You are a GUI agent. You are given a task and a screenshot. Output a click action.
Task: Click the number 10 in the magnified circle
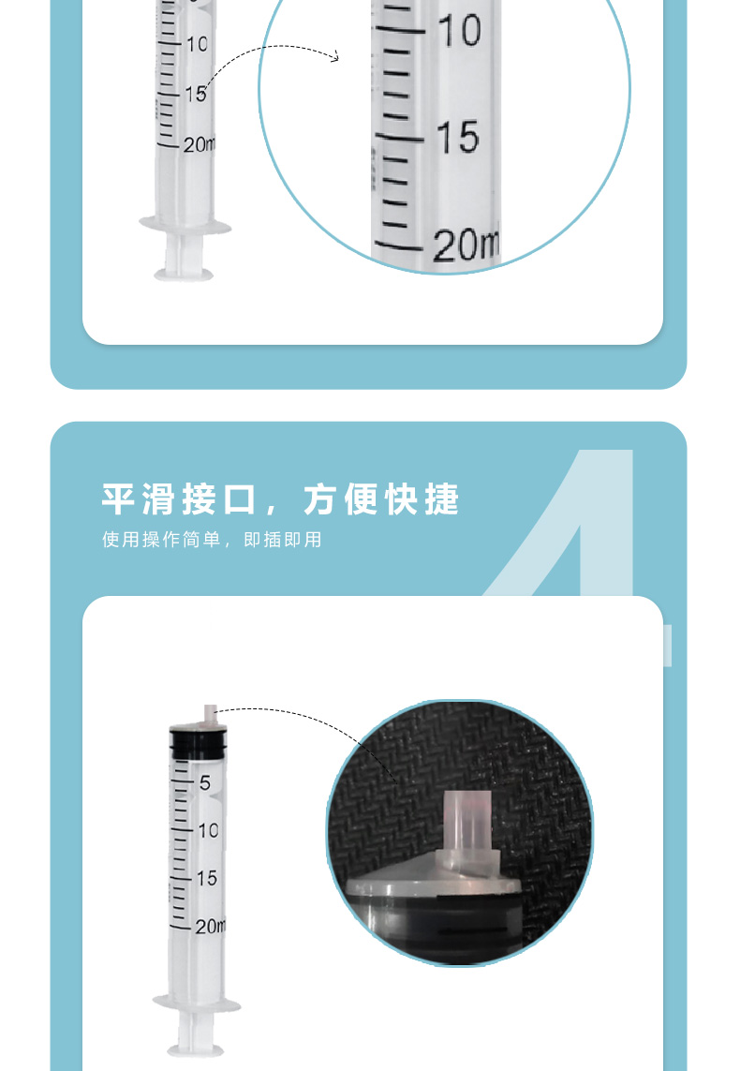tap(459, 31)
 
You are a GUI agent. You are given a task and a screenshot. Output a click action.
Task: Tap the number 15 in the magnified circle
tap(457, 137)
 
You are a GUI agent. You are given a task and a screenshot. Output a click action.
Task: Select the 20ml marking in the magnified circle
tap(466, 245)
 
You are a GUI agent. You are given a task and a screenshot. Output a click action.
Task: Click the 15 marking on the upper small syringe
tap(196, 94)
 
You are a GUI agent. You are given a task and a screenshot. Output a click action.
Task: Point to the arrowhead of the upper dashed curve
tap(333, 57)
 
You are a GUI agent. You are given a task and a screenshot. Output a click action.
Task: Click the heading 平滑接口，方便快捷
tap(280, 498)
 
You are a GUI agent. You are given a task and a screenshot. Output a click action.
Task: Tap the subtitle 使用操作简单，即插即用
tap(212, 540)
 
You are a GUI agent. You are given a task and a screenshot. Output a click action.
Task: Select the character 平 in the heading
tap(118, 498)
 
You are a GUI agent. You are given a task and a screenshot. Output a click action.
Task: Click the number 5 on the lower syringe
tap(205, 782)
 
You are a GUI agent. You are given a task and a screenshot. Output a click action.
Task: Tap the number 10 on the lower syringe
tap(208, 830)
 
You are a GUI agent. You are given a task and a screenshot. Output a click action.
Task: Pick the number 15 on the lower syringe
tap(207, 878)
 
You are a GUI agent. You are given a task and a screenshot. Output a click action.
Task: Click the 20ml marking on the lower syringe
tap(210, 926)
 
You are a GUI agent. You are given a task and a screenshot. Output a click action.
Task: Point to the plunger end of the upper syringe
tap(184, 275)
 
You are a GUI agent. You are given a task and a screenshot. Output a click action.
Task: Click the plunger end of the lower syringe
tap(196, 1049)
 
